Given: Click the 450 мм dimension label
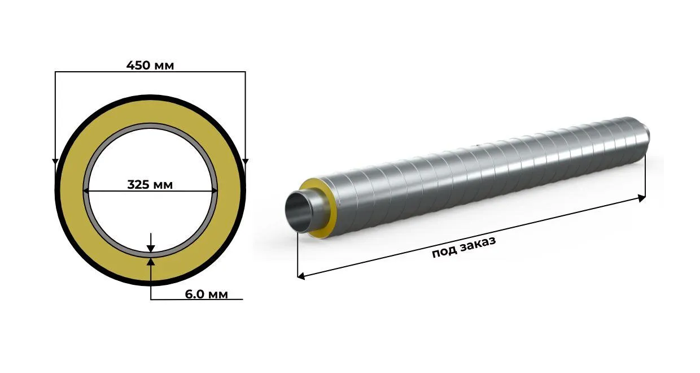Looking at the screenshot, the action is coord(150,66).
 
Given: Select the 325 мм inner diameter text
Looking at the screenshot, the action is coord(150,185).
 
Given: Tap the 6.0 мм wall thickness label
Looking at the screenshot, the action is coord(206,294).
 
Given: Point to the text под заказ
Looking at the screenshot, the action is coord(464,247).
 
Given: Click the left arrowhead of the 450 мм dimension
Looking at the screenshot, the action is coord(55,162).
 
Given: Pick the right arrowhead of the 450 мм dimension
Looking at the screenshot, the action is coord(246,162).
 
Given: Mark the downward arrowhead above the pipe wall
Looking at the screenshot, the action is coord(151,249).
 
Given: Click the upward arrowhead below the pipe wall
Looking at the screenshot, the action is coord(151,262).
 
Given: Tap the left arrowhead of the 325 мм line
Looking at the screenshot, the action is coord(86,190).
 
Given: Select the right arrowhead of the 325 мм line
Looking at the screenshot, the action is coord(215,190).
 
